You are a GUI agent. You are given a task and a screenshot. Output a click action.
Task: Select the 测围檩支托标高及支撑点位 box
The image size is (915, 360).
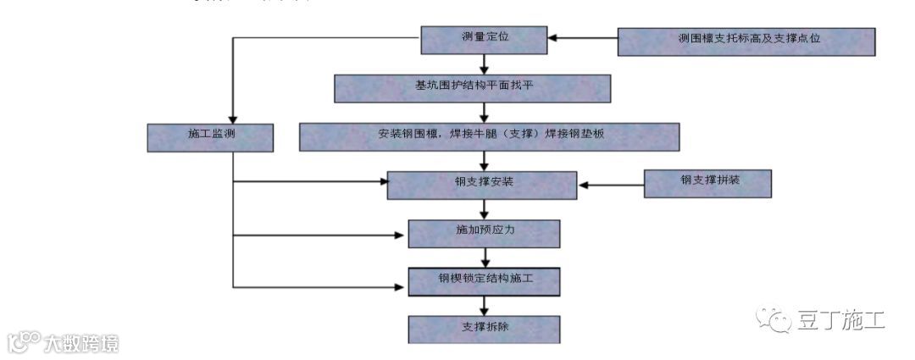(x=746, y=40)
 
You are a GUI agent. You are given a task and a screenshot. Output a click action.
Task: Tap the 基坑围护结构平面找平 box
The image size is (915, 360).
(x=472, y=87)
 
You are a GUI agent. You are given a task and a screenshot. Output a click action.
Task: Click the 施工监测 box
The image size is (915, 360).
(x=209, y=137)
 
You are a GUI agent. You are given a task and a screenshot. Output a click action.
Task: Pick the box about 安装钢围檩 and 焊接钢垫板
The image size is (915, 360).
(x=489, y=136)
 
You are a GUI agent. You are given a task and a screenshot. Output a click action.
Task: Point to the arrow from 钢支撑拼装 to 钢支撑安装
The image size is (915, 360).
(x=610, y=184)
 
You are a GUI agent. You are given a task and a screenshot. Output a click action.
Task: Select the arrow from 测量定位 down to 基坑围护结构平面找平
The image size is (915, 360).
(x=484, y=64)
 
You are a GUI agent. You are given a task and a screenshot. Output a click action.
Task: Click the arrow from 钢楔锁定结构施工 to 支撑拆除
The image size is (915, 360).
(x=484, y=306)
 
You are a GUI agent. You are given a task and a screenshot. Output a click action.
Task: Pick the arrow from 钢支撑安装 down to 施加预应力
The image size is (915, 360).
(x=484, y=209)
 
